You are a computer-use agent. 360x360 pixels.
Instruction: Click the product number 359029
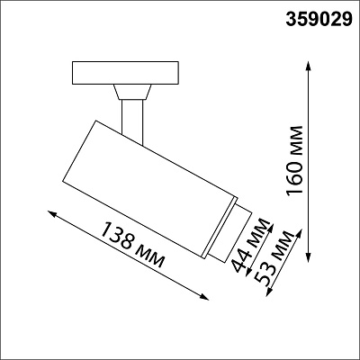point(319,20)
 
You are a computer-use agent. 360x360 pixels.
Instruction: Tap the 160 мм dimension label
point(294,161)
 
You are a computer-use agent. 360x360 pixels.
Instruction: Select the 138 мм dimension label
point(132,245)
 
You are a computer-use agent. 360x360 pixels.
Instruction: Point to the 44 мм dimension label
point(251,246)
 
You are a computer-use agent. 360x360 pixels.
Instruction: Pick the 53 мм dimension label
point(273,257)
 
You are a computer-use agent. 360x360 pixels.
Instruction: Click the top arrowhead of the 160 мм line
point(309,65)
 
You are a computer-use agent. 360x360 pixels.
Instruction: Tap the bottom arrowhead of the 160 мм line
point(309,257)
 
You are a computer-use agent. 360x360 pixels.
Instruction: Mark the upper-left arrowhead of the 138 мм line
point(52,214)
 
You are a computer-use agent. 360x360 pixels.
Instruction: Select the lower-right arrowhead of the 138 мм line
point(204,297)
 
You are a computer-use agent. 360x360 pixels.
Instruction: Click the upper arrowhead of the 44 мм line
point(271,228)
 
